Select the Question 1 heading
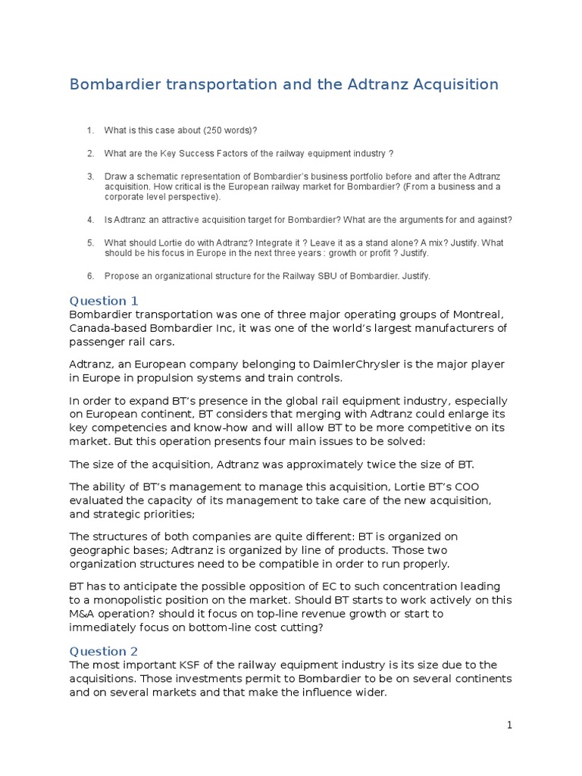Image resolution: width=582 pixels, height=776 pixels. (104, 301)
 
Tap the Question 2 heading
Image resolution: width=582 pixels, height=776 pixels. (104, 651)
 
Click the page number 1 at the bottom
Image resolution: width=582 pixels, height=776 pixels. (510, 725)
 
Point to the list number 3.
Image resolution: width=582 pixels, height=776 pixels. (90, 176)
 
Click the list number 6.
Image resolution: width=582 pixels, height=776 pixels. (90, 276)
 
